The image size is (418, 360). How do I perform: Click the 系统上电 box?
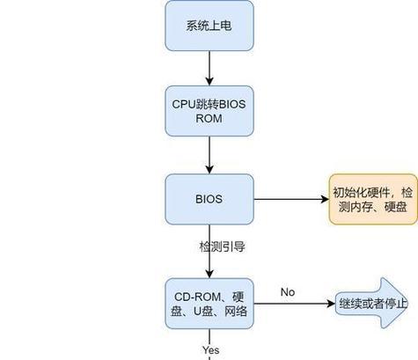(x=209, y=26)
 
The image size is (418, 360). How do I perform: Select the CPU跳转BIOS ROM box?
(x=209, y=111)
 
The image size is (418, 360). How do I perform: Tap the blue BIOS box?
(x=209, y=199)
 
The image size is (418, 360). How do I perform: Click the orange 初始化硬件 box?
(x=373, y=199)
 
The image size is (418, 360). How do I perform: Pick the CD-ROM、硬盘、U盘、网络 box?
(x=209, y=304)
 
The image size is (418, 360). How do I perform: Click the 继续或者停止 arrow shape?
(x=372, y=303)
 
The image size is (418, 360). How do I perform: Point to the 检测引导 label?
(x=222, y=246)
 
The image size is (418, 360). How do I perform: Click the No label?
(x=288, y=292)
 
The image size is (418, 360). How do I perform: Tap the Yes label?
(x=210, y=349)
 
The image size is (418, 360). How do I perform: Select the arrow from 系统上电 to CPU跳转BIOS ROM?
(x=209, y=69)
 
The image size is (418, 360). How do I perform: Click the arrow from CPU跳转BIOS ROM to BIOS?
(x=209, y=155)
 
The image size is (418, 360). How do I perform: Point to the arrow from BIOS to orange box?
(x=291, y=199)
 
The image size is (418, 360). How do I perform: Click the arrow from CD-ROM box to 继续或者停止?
(x=295, y=304)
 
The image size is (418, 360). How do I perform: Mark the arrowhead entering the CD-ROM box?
(x=209, y=274)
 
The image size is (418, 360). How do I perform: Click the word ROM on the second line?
(x=209, y=119)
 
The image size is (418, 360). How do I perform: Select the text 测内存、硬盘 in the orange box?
(x=372, y=207)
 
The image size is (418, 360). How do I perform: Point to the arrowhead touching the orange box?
(x=325, y=199)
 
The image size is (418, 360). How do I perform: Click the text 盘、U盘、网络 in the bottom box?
(x=209, y=311)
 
